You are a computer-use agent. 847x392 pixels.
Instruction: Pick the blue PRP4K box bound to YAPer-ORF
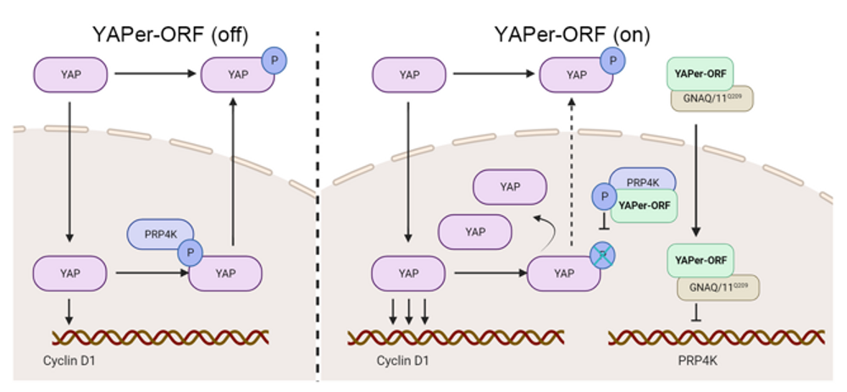pyautogui.click(x=642, y=179)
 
